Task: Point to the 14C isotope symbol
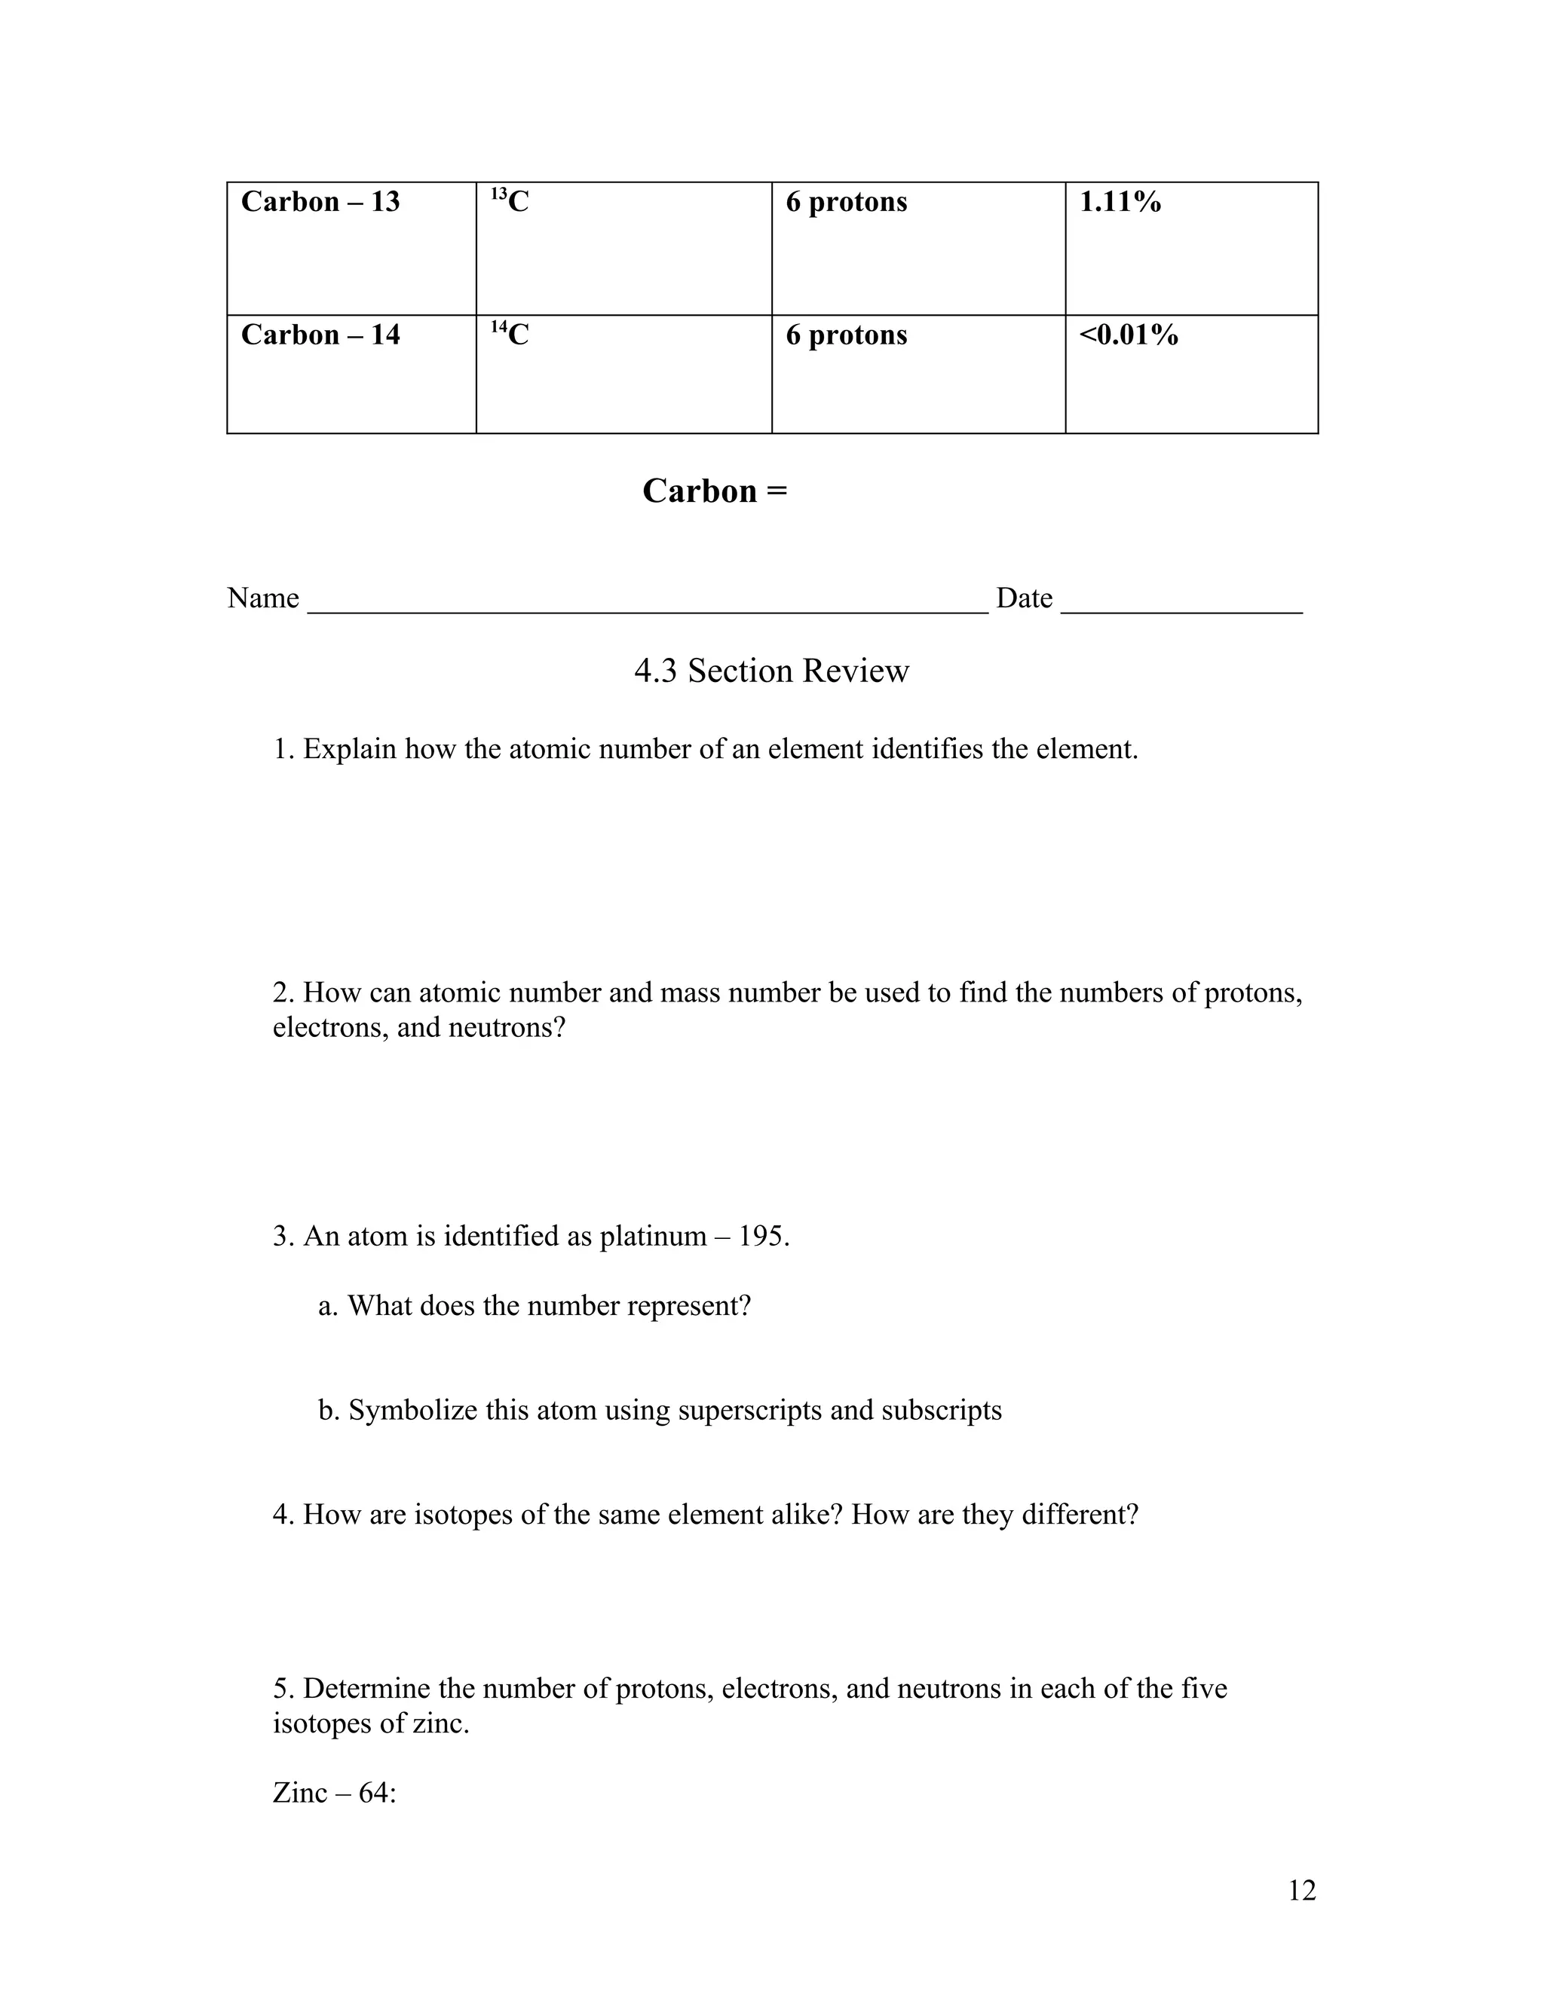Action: pos(510,334)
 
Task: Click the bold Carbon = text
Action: pos(715,491)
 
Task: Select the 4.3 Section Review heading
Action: pos(771,671)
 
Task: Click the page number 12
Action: pos(1301,1890)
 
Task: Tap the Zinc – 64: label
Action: pos(334,1792)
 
